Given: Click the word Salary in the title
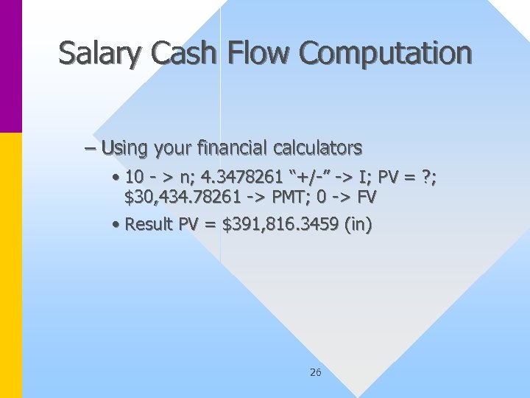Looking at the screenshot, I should pyautogui.click(x=93, y=54).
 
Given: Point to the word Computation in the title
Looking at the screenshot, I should pyautogui.click(x=385, y=54).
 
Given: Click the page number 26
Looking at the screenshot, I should pyautogui.click(x=315, y=373).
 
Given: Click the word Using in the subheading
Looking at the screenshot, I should pyautogui.click(x=124, y=148).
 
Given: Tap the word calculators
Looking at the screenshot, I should pyautogui.click(x=317, y=148).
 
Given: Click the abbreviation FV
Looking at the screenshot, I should pyautogui.click(x=367, y=197).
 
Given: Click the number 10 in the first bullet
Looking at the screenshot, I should pyautogui.click(x=135, y=178).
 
